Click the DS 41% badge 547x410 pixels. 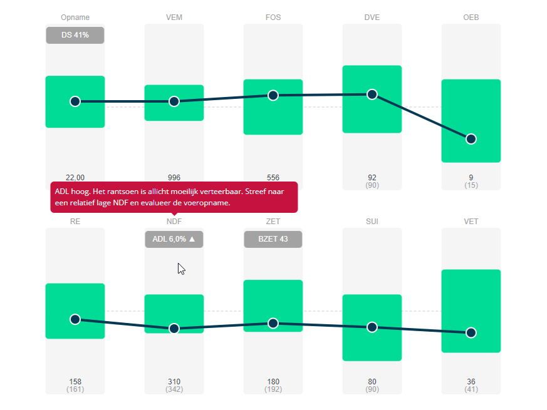click(75, 35)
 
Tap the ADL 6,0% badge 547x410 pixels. click(174, 239)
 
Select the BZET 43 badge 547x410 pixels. click(273, 239)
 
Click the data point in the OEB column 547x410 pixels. click(471, 139)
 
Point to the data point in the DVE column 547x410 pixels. click(372, 95)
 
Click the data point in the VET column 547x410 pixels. click(471, 332)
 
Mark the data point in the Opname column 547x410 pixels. click(75, 101)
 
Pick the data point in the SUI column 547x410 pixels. click(372, 327)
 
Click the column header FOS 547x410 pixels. click(273, 18)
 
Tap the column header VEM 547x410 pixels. click(174, 18)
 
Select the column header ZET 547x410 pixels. click(273, 222)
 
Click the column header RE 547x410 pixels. click(75, 222)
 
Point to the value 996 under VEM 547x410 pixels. click(174, 178)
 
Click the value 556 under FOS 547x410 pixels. click(273, 178)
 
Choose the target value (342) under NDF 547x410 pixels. click(174, 389)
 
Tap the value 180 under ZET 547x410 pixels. click(273, 382)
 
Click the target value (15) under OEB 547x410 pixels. click(471, 185)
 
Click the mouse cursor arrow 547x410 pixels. click(180, 268)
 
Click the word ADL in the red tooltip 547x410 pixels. click(63, 190)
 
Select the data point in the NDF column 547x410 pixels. click(174, 329)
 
